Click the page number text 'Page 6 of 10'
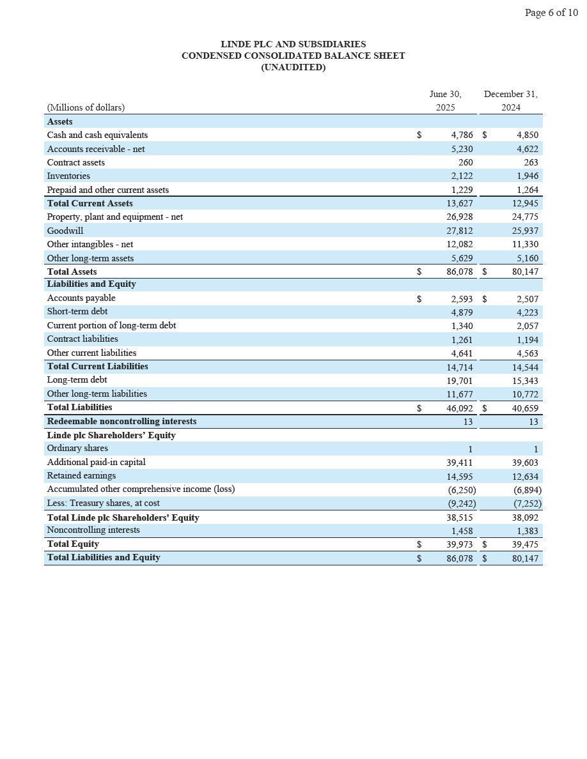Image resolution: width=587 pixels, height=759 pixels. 551,13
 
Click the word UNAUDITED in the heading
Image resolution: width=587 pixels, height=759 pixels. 293,67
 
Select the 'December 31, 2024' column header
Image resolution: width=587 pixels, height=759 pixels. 510,101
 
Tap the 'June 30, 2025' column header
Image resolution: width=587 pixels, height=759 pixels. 445,101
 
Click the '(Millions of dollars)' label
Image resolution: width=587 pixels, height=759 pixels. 86,107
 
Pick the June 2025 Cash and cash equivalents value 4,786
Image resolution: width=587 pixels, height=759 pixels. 462,135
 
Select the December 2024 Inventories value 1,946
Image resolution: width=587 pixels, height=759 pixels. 527,176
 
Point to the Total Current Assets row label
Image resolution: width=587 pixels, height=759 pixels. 90,203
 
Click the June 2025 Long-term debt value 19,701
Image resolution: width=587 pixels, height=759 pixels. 460,380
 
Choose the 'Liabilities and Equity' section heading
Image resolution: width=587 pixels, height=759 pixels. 91,284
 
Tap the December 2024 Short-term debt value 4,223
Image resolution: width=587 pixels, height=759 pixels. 527,312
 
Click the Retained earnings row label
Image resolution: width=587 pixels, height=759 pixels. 81,475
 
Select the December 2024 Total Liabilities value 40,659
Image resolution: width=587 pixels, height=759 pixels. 525,408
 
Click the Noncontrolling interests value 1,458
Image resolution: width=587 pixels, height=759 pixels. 462,530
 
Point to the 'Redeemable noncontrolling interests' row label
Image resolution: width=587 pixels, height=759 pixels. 121,421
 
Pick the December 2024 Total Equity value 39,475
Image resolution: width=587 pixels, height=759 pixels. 525,544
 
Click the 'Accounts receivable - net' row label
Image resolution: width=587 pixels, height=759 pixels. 96,149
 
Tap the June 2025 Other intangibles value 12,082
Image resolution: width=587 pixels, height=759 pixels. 460,244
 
